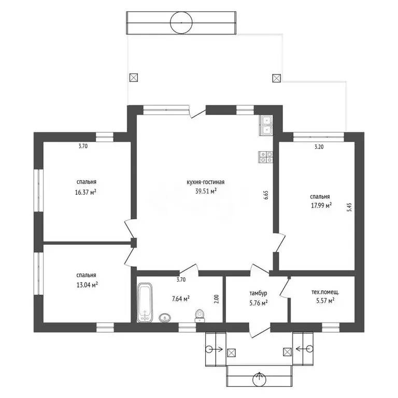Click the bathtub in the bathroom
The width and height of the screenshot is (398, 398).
[145, 302]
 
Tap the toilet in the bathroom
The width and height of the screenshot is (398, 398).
[200, 316]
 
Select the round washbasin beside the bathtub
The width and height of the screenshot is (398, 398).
[165, 318]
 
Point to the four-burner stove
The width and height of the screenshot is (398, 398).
[265, 157]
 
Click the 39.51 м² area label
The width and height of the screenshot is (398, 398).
[206, 191]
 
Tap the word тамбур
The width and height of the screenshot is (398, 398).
[258, 293]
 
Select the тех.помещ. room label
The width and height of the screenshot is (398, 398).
[325, 292]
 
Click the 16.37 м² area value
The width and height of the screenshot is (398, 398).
[86, 192]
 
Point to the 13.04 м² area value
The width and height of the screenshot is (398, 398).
[87, 285]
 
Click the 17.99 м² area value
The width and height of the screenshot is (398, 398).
[321, 205]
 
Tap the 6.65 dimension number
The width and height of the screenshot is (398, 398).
[266, 195]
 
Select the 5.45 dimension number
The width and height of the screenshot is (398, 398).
[349, 207]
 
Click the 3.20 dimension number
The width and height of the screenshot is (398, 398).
[319, 147]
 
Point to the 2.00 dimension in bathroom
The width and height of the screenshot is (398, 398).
[217, 299]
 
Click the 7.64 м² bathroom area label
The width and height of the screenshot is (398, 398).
[181, 298]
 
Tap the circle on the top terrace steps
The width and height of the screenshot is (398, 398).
[181, 23]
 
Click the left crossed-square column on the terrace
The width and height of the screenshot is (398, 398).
[134, 77]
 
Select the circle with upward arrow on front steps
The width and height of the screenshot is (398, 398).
[260, 379]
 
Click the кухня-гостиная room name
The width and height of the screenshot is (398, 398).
[206, 182]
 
